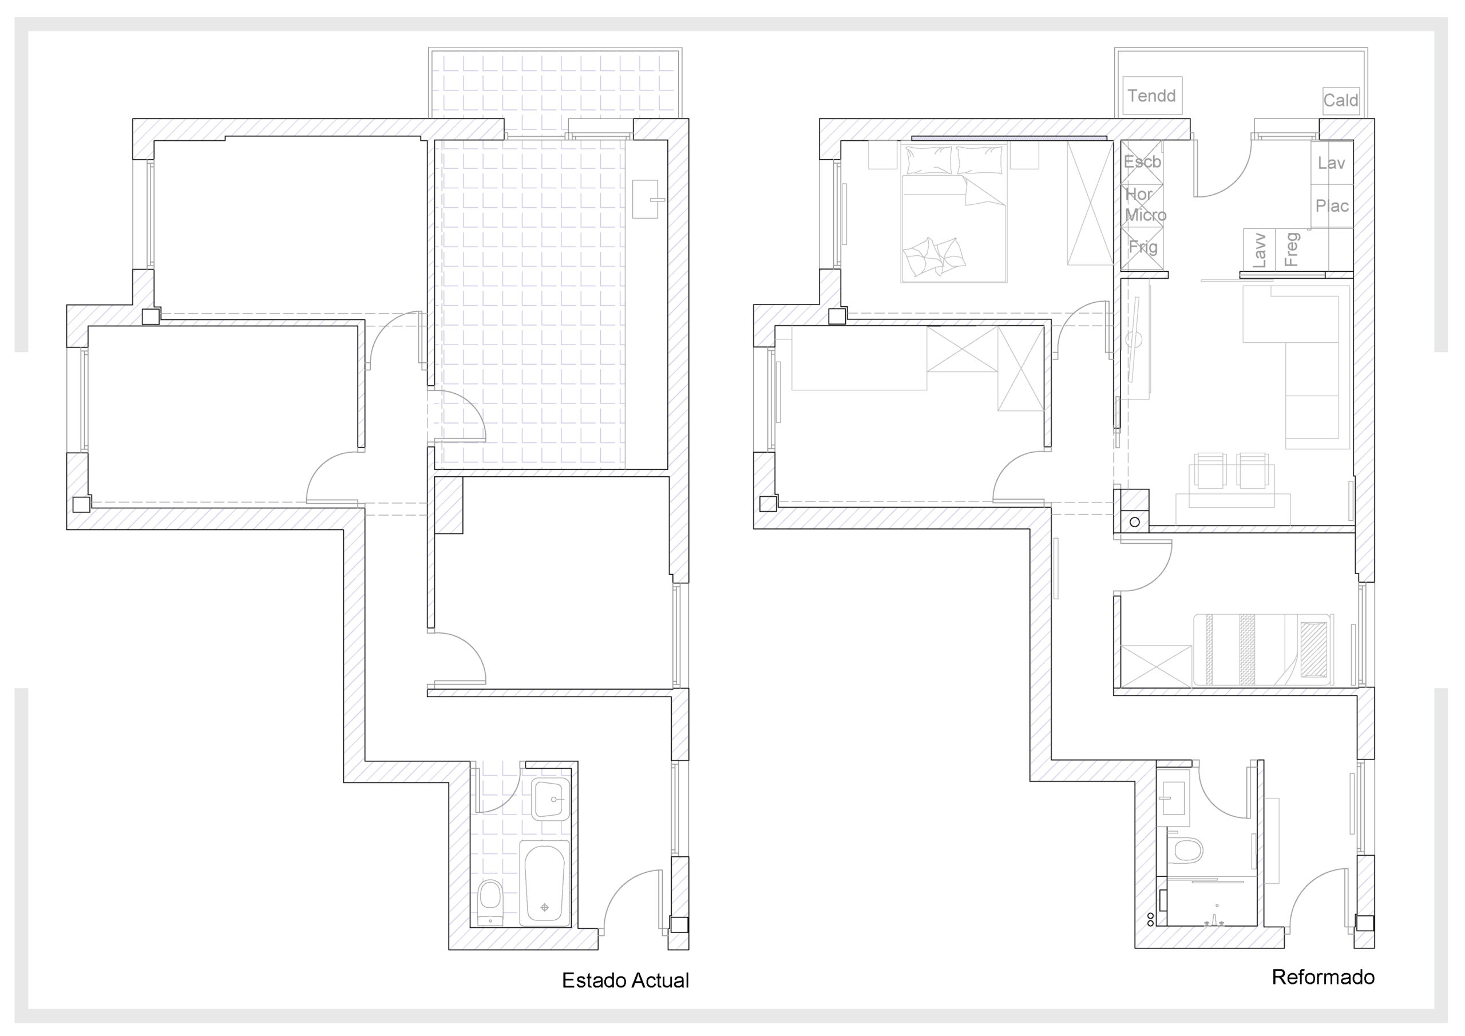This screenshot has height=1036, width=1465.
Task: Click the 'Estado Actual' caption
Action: (x=625, y=980)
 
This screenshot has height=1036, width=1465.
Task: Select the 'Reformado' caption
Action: (x=1323, y=976)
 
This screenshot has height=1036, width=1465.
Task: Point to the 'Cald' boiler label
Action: (x=1341, y=100)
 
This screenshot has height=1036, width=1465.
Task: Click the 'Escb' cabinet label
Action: (x=1142, y=161)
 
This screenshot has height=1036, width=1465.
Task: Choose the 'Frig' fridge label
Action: (x=1143, y=247)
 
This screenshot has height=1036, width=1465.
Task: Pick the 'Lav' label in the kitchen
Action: (x=1331, y=163)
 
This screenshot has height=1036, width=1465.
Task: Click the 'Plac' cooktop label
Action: (x=1332, y=205)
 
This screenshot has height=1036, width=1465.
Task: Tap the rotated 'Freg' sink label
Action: (x=1291, y=250)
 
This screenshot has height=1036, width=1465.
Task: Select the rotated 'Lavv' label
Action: (x=1258, y=250)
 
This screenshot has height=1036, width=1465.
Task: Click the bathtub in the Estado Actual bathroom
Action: (x=544, y=883)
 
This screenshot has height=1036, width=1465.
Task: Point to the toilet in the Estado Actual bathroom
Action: (x=490, y=901)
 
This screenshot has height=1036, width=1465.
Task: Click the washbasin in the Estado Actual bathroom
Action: (x=550, y=798)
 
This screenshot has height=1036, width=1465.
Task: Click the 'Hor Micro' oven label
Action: (x=1145, y=204)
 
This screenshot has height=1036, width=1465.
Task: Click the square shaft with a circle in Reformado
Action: (x=1133, y=511)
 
